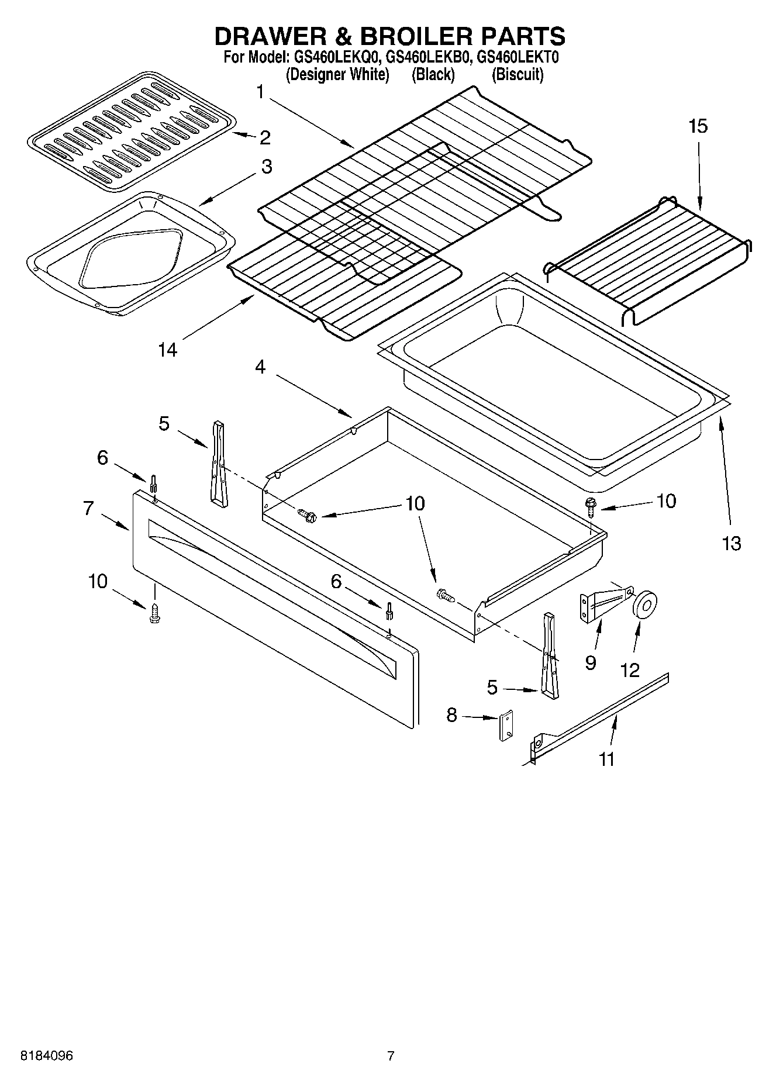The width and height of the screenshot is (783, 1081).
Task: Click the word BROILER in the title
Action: pos(411,36)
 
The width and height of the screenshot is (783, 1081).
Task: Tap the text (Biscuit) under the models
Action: pos(518,75)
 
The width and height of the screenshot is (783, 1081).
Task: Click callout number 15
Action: pos(698,126)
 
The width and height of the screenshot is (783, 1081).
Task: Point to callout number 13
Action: pos(732,544)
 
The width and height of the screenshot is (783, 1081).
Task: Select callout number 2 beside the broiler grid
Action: pos(265,137)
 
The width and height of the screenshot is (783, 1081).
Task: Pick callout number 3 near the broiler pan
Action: pos(266,167)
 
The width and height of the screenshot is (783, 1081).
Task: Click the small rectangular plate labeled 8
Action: pos(506,726)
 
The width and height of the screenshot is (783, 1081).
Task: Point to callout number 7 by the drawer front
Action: pos(88,508)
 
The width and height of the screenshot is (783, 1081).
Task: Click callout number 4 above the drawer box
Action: pos(260,367)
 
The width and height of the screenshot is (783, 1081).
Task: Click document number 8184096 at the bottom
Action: pos(47,1056)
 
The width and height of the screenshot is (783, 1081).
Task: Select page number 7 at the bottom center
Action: pos(391,1056)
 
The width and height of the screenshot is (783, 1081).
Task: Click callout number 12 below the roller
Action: pos(630,670)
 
